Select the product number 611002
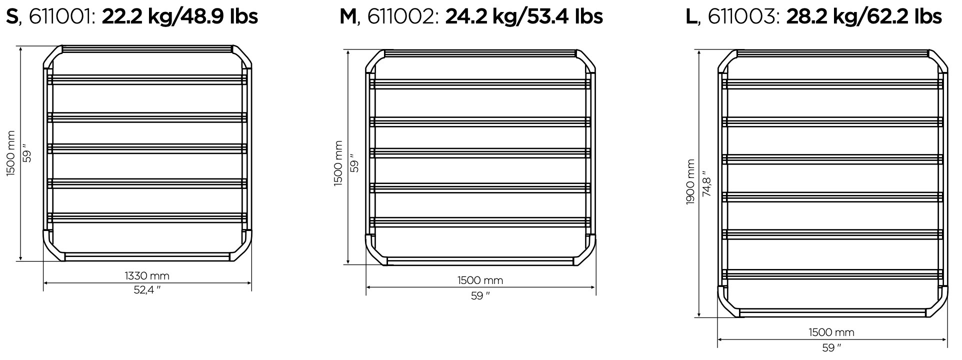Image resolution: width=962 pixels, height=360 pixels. tap(401, 17)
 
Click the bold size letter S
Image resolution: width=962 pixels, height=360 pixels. tap(12, 17)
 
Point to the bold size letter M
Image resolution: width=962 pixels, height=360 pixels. tap(348, 17)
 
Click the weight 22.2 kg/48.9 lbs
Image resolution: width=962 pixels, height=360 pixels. tap(180, 17)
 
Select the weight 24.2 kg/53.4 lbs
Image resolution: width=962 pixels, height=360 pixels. tap(524, 17)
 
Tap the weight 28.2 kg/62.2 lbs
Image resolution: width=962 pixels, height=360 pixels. tap(864, 17)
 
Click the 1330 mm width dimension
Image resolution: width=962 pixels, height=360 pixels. tap(147, 275)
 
